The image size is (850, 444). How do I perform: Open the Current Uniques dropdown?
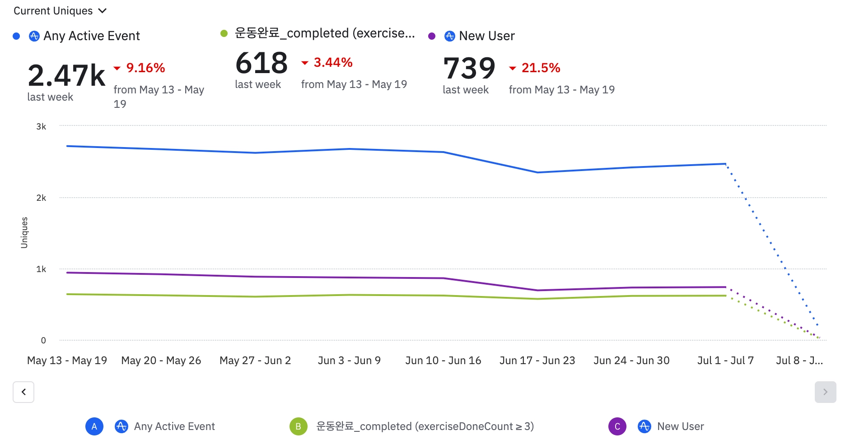point(60,11)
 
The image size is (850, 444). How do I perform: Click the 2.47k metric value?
point(66,75)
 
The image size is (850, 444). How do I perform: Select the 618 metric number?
point(262,63)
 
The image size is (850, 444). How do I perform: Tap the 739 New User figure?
point(469,68)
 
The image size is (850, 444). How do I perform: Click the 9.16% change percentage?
point(145,68)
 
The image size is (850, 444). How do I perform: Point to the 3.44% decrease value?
point(333,62)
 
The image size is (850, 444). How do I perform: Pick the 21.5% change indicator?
point(541,68)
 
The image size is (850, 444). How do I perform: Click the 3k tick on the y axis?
point(41,127)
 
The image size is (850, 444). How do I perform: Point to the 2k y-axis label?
point(41,198)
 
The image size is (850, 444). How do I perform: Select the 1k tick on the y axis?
point(41,269)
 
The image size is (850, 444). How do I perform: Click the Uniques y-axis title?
point(24,232)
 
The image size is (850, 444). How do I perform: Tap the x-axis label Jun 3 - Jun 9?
point(349,361)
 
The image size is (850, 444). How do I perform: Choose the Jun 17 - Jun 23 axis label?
point(537,361)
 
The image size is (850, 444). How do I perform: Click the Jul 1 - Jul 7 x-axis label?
point(725,361)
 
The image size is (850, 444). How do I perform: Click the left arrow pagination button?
point(23,392)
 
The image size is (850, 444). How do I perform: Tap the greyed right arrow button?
point(825,392)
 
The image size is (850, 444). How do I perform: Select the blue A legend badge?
point(94,426)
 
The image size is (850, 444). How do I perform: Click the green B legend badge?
point(298,426)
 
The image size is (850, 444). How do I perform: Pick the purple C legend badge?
point(617,426)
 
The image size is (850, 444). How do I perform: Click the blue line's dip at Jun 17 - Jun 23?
point(537,172)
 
